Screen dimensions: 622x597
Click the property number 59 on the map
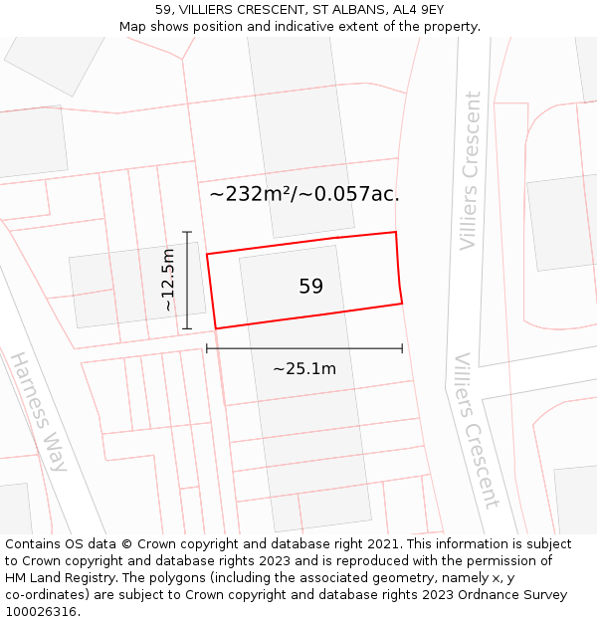click(310, 287)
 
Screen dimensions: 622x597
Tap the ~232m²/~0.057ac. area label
click(304, 194)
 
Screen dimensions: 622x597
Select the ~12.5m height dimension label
click(168, 281)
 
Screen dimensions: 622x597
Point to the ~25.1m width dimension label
click(304, 369)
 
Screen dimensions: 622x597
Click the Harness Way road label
click(39, 410)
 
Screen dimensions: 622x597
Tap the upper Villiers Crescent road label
click(470, 171)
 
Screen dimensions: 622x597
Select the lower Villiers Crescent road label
click(476, 430)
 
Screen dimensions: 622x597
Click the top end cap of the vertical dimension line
click(187, 232)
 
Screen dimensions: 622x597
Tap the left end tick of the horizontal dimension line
click(207, 348)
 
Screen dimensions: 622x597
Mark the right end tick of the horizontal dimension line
click(402, 348)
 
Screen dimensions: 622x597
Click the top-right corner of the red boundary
click(396, 232)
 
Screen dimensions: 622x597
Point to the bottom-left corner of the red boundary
click(216, 328)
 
